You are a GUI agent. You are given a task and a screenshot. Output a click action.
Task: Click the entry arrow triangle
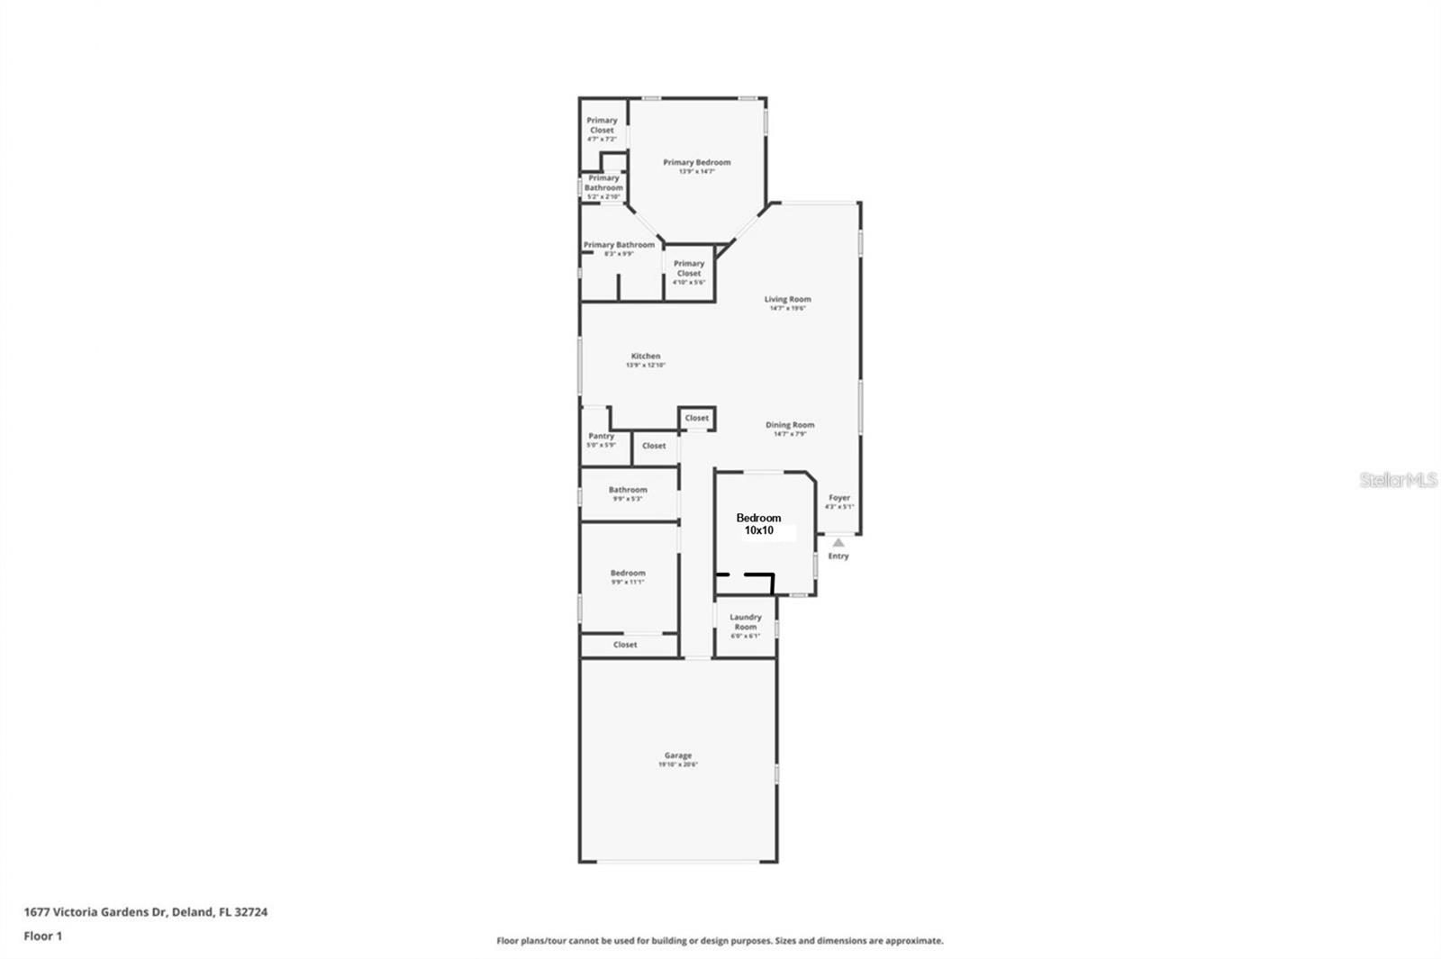(838, 542)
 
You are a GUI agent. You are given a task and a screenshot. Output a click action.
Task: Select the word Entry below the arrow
(838, 556)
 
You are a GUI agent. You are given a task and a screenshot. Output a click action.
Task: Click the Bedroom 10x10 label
(758, 524)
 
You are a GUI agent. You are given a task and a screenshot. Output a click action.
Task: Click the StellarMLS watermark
(1398, 481)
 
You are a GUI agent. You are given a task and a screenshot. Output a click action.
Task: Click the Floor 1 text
(43, 936)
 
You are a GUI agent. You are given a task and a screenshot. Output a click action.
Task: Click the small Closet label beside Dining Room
(696, 418)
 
